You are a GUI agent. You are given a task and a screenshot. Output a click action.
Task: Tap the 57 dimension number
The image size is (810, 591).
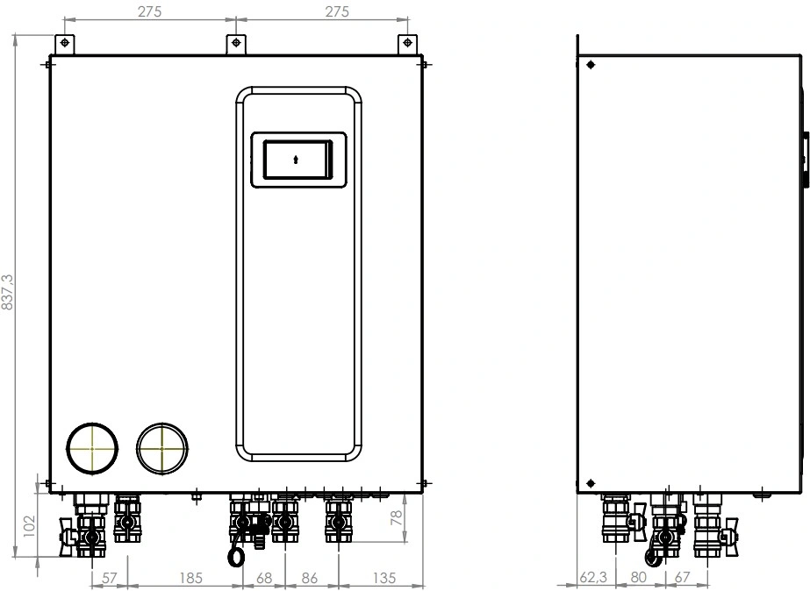coord(110,578)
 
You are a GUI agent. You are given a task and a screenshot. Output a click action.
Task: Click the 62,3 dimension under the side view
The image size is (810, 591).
coord(593,578)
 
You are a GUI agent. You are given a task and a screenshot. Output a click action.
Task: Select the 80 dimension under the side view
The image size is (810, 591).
coord(640,578)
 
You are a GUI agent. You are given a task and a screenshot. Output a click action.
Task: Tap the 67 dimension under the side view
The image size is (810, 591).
coord(684,578)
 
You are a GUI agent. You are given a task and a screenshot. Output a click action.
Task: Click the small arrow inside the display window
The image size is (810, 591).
coord(296,160)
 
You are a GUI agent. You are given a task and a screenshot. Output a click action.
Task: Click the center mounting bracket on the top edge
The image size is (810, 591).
coord(235,43)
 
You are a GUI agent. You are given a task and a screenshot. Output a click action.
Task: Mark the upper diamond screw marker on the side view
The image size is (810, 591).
coord(591,64)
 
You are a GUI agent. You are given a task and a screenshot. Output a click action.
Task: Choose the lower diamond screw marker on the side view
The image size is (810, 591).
coord(591,481)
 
